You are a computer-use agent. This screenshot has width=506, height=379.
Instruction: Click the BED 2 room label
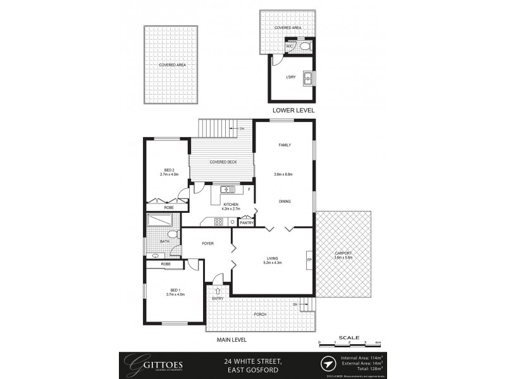169,169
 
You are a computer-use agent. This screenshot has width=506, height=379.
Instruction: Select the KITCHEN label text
230,204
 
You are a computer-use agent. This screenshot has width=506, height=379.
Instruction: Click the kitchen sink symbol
228,189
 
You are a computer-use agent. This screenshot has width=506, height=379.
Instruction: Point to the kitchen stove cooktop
219,221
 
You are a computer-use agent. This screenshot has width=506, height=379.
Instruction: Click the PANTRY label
247,222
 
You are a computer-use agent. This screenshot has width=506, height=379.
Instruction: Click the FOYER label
207,243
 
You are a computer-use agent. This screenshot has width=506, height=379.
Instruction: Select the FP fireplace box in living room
309,260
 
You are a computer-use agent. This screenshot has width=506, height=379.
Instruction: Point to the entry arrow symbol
218,291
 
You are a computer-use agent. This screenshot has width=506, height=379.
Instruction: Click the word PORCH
260,314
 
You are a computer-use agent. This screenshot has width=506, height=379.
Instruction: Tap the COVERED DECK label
223,162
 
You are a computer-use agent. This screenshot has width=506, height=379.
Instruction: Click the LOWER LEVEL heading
293,110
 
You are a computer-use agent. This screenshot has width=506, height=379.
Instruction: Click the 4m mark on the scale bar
378,342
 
